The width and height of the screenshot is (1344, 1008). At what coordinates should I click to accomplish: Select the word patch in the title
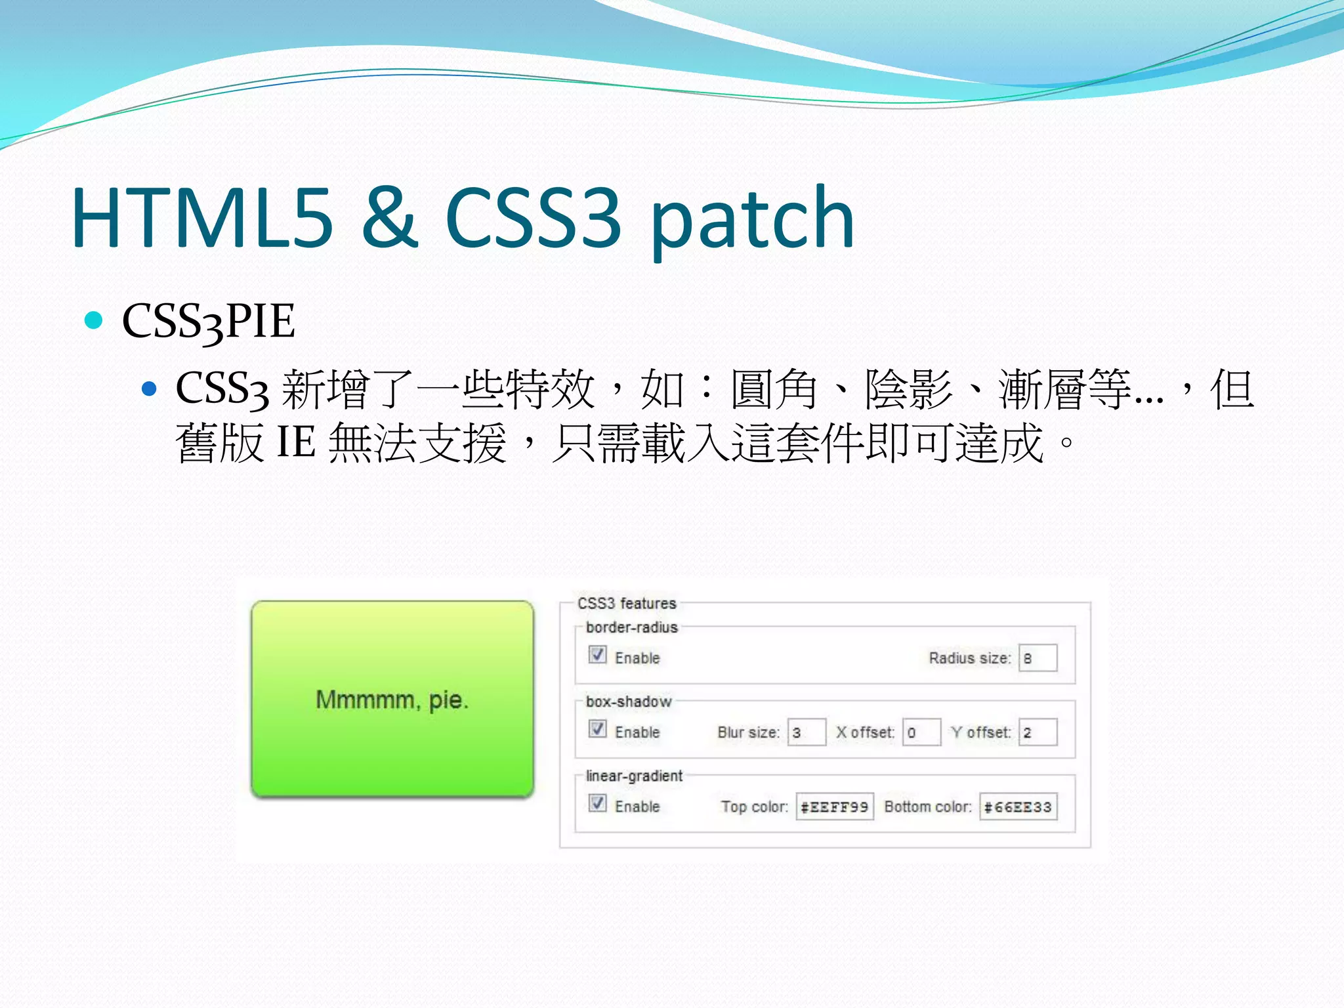[752, 220]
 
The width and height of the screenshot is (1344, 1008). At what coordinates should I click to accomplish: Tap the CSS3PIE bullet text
[208, 322]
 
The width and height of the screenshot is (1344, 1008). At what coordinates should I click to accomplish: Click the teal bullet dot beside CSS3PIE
[94, 320]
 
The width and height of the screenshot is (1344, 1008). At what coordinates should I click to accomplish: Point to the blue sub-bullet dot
[150, 389]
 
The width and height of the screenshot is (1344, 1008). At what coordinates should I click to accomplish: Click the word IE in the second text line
[296, 442]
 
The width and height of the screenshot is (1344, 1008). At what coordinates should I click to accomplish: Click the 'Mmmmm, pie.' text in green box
[392, 700]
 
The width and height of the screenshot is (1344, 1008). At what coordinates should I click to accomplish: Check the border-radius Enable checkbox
[597, 655]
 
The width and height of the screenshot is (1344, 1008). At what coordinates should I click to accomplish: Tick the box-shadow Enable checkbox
[597, 729]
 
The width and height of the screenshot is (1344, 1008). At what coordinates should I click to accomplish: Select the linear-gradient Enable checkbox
[597, 803]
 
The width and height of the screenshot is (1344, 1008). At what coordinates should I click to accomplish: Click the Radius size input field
[1038, 658]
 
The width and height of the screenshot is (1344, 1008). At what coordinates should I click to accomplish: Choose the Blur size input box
[807, 732]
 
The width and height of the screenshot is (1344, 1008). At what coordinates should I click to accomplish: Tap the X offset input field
[922, 732]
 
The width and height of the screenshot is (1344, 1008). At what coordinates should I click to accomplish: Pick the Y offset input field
[1038, 732]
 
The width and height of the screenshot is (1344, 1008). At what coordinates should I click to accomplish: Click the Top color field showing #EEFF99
[835, 807]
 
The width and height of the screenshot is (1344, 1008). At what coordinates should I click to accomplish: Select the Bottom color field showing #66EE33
[1018, 807]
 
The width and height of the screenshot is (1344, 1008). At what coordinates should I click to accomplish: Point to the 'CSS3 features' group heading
[627, 603]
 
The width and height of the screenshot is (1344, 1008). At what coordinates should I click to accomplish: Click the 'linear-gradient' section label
[634, 776]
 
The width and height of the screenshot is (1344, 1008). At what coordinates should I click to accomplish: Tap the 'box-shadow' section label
[629, 702]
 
